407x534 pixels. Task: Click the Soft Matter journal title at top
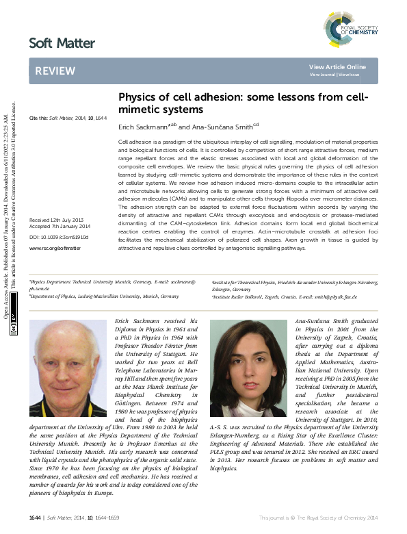click(62, 43)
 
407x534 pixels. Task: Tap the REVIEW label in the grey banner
click(51, 71)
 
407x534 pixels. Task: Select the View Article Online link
click(337, 66)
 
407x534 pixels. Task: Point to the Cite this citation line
click(68, 118)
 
